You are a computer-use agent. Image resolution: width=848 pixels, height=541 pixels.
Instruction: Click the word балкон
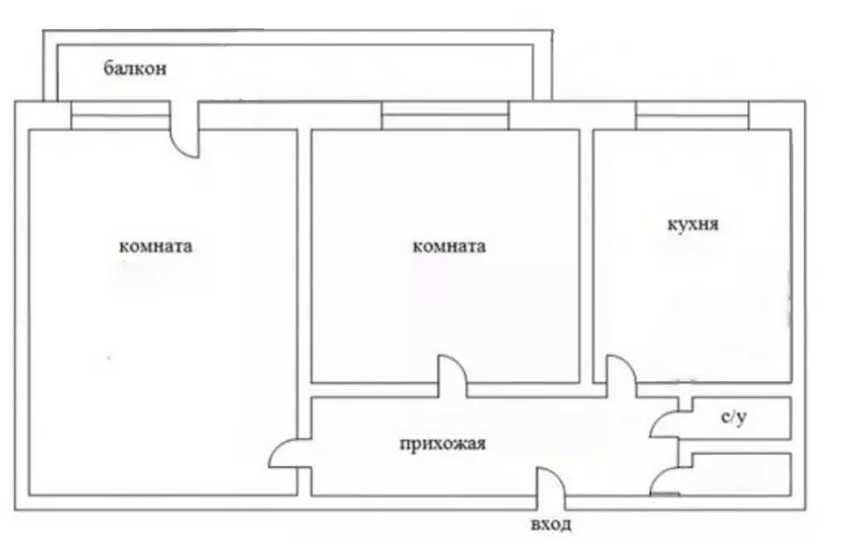point(135,69)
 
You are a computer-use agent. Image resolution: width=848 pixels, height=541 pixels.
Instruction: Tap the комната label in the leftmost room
point(156,246)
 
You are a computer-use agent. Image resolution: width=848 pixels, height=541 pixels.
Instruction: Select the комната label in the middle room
point(449,246)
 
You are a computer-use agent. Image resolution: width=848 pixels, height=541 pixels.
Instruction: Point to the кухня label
point(693,224)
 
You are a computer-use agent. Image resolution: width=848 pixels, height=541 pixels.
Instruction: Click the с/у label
point(734,417)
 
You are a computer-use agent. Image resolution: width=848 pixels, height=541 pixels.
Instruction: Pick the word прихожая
point(443,444)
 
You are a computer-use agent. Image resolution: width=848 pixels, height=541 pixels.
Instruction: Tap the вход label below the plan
point(550,524)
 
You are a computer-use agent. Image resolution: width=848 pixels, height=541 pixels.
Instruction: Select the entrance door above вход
point(550,481)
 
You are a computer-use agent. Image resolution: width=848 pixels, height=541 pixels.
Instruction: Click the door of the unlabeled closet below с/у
point(663,480)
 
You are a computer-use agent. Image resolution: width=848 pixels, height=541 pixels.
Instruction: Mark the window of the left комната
point(120,115)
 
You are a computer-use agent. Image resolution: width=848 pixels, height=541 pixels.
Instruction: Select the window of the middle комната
point(445,115)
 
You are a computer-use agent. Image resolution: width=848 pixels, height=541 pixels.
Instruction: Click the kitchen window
point(692,115)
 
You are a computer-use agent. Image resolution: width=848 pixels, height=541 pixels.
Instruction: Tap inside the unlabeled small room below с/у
point(741,475)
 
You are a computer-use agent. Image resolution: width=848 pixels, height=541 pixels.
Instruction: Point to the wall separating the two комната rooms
point(304,257)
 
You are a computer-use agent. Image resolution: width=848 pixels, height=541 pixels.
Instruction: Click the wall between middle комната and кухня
point(586,257)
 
